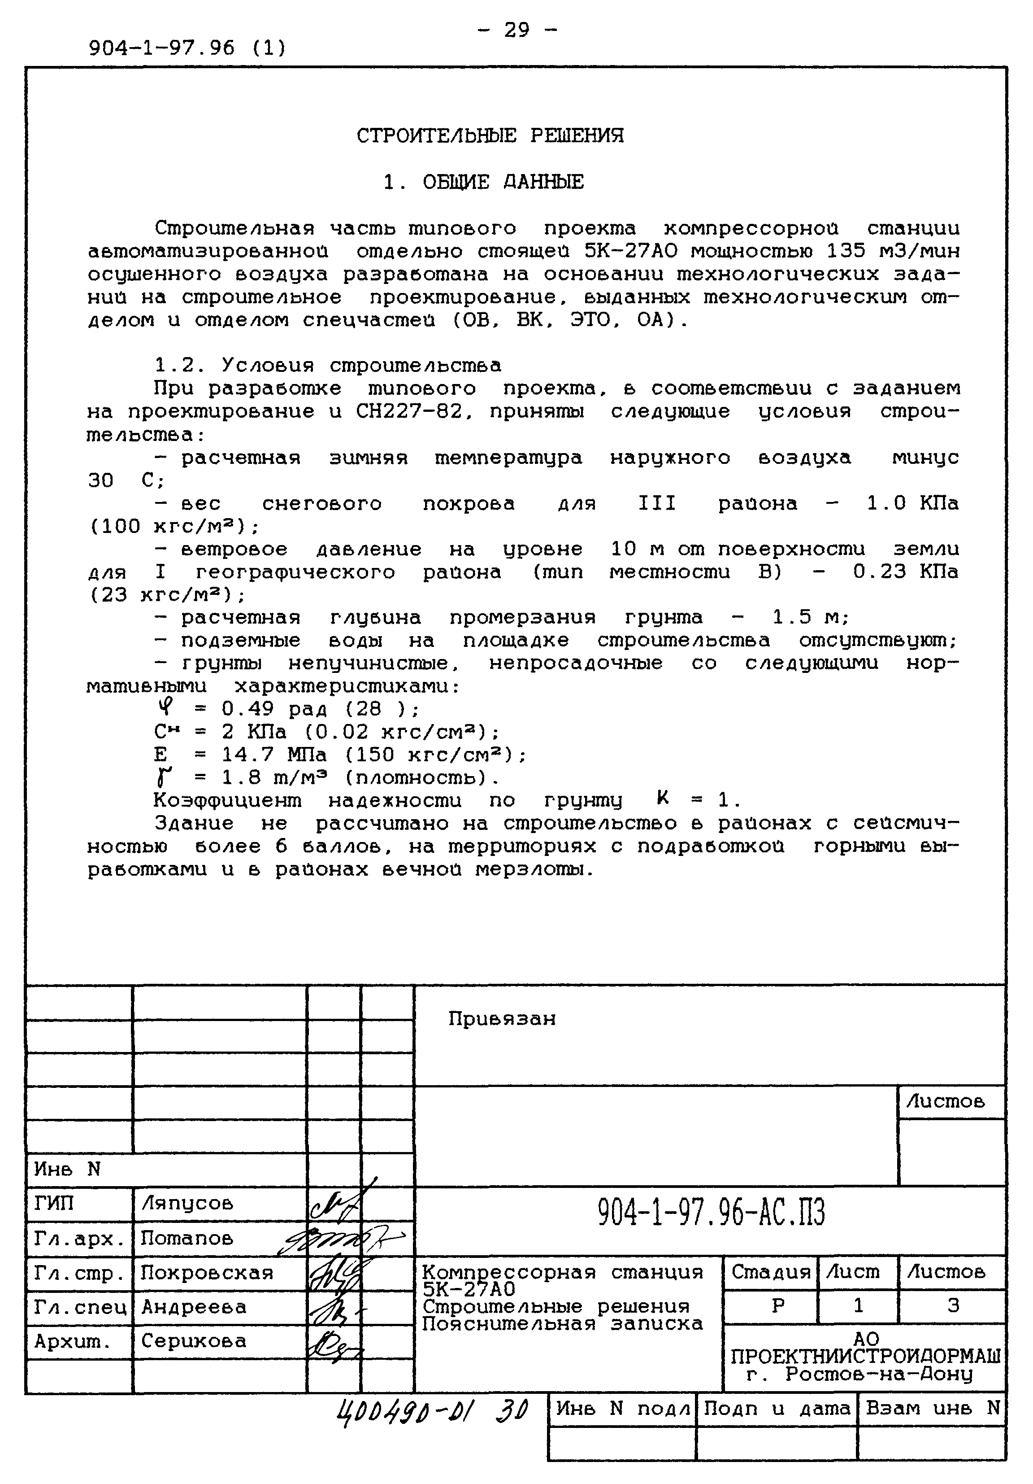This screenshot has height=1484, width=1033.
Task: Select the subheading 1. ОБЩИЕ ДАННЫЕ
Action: (x=483, y=182)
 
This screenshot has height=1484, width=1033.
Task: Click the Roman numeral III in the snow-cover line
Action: (x=656, y=503)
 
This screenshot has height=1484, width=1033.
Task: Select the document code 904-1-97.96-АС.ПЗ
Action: (x=711, y=1213)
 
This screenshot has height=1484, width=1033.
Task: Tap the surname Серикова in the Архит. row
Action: (x=193, y=1341)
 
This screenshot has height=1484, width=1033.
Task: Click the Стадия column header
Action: (x=770, y=1272)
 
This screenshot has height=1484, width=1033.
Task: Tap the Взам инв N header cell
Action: (x=932, y=1408)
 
